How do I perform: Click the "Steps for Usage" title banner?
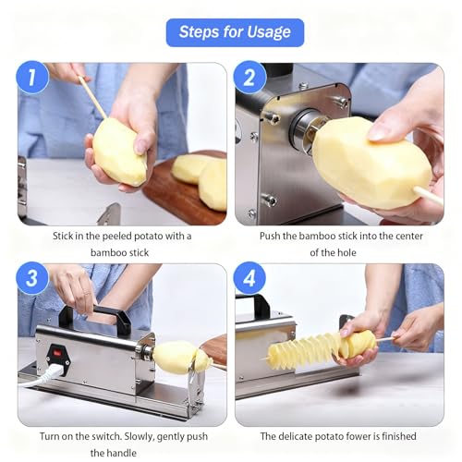coord(235,32)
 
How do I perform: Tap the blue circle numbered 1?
coord(32,77)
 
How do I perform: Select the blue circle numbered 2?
coord(249,77)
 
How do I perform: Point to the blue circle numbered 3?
coord(32,278)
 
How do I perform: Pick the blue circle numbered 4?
coord(249,278)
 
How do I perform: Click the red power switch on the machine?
coord(57,351)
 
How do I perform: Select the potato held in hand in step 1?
coord(119,152)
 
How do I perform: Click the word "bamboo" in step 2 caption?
coord(317,237)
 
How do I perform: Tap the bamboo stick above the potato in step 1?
coord(92,97)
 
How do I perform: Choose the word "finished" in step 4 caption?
coord(399,436)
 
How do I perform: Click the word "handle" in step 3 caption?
coord(122,453)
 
